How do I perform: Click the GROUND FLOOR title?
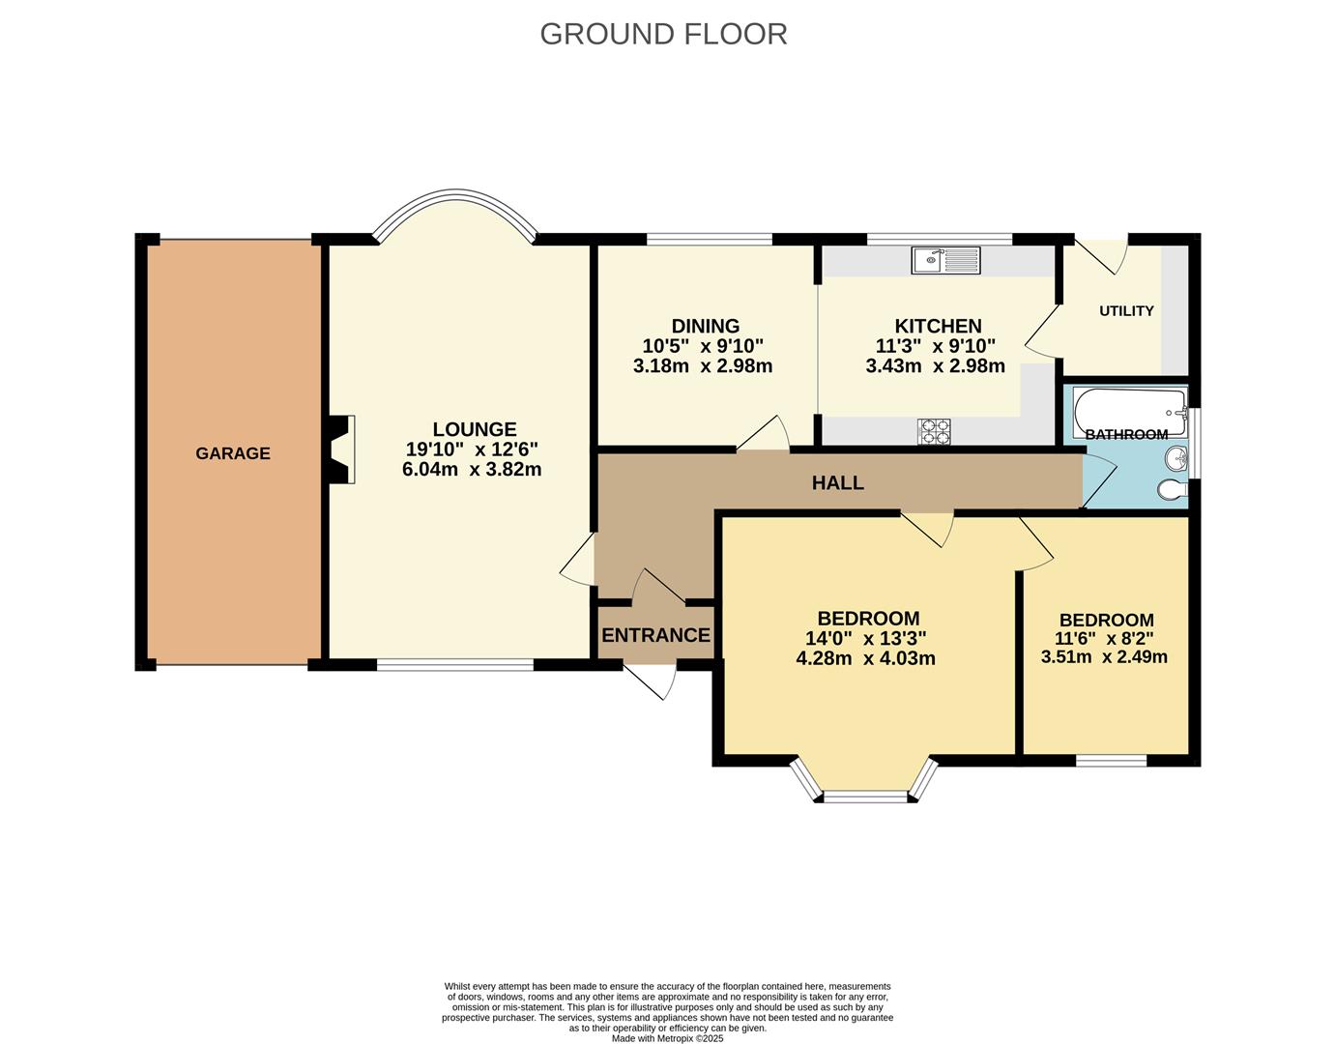[663, 34]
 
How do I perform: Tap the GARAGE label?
[233, 453]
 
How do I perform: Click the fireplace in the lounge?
[340, 449]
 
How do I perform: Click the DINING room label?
[706, 326]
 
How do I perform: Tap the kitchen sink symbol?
[944, 259]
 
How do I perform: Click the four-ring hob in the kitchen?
[934, 431]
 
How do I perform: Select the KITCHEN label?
[938, 326]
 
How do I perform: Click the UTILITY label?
[1126, 311]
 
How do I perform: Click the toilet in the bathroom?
[1172, 491]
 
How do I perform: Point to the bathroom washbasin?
[1175, 457]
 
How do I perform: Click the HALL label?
[837, 482]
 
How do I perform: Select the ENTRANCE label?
[655, 635]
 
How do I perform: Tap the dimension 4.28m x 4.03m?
[865, 658]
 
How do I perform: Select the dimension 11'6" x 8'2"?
[1106, 639]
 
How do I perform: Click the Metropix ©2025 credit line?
[667, 1038]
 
